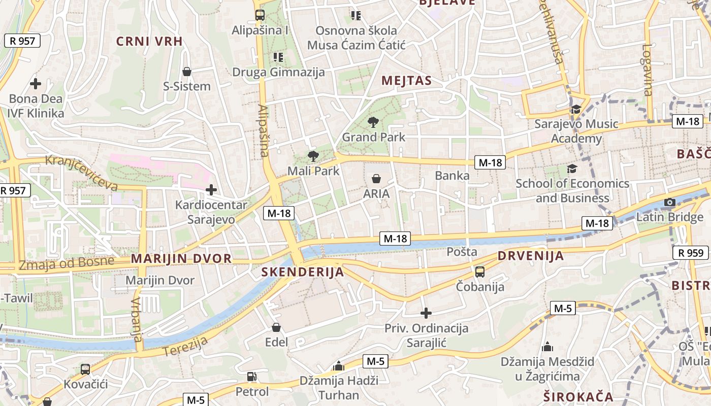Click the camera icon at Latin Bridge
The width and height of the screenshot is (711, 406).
[x=670, y=202]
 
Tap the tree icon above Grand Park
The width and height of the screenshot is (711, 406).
[x=373, y=122]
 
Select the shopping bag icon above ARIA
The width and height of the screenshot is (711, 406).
[x=376, y=179]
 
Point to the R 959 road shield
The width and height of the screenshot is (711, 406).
[x=691, y=253]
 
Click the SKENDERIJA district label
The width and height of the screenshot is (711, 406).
[x=303, y=272]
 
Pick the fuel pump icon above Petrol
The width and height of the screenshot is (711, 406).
[x=251, y=377]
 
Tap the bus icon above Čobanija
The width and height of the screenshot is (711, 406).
[x=480, y=272]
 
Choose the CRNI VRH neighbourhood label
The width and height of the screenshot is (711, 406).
[x=149, y=42]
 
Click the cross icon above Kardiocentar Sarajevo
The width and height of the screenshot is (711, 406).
[x=211, y=190]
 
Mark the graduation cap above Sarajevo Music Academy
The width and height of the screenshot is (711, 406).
[x=576, y=109]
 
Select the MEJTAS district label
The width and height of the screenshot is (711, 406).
[x=406, y=81]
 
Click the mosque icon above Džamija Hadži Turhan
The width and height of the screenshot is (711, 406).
[x=339, y=366]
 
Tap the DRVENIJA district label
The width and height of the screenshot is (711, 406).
[x=531, y=256]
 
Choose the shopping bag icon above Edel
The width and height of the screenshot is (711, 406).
[x=276, y=327]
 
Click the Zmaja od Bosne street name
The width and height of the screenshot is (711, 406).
[x=67, y=263]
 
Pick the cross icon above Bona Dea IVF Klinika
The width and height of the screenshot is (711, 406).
[x=36, y=84]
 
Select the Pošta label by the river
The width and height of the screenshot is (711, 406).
[x=462, y=252]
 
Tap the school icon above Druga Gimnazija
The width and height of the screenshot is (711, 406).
[x=278, y=57]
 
